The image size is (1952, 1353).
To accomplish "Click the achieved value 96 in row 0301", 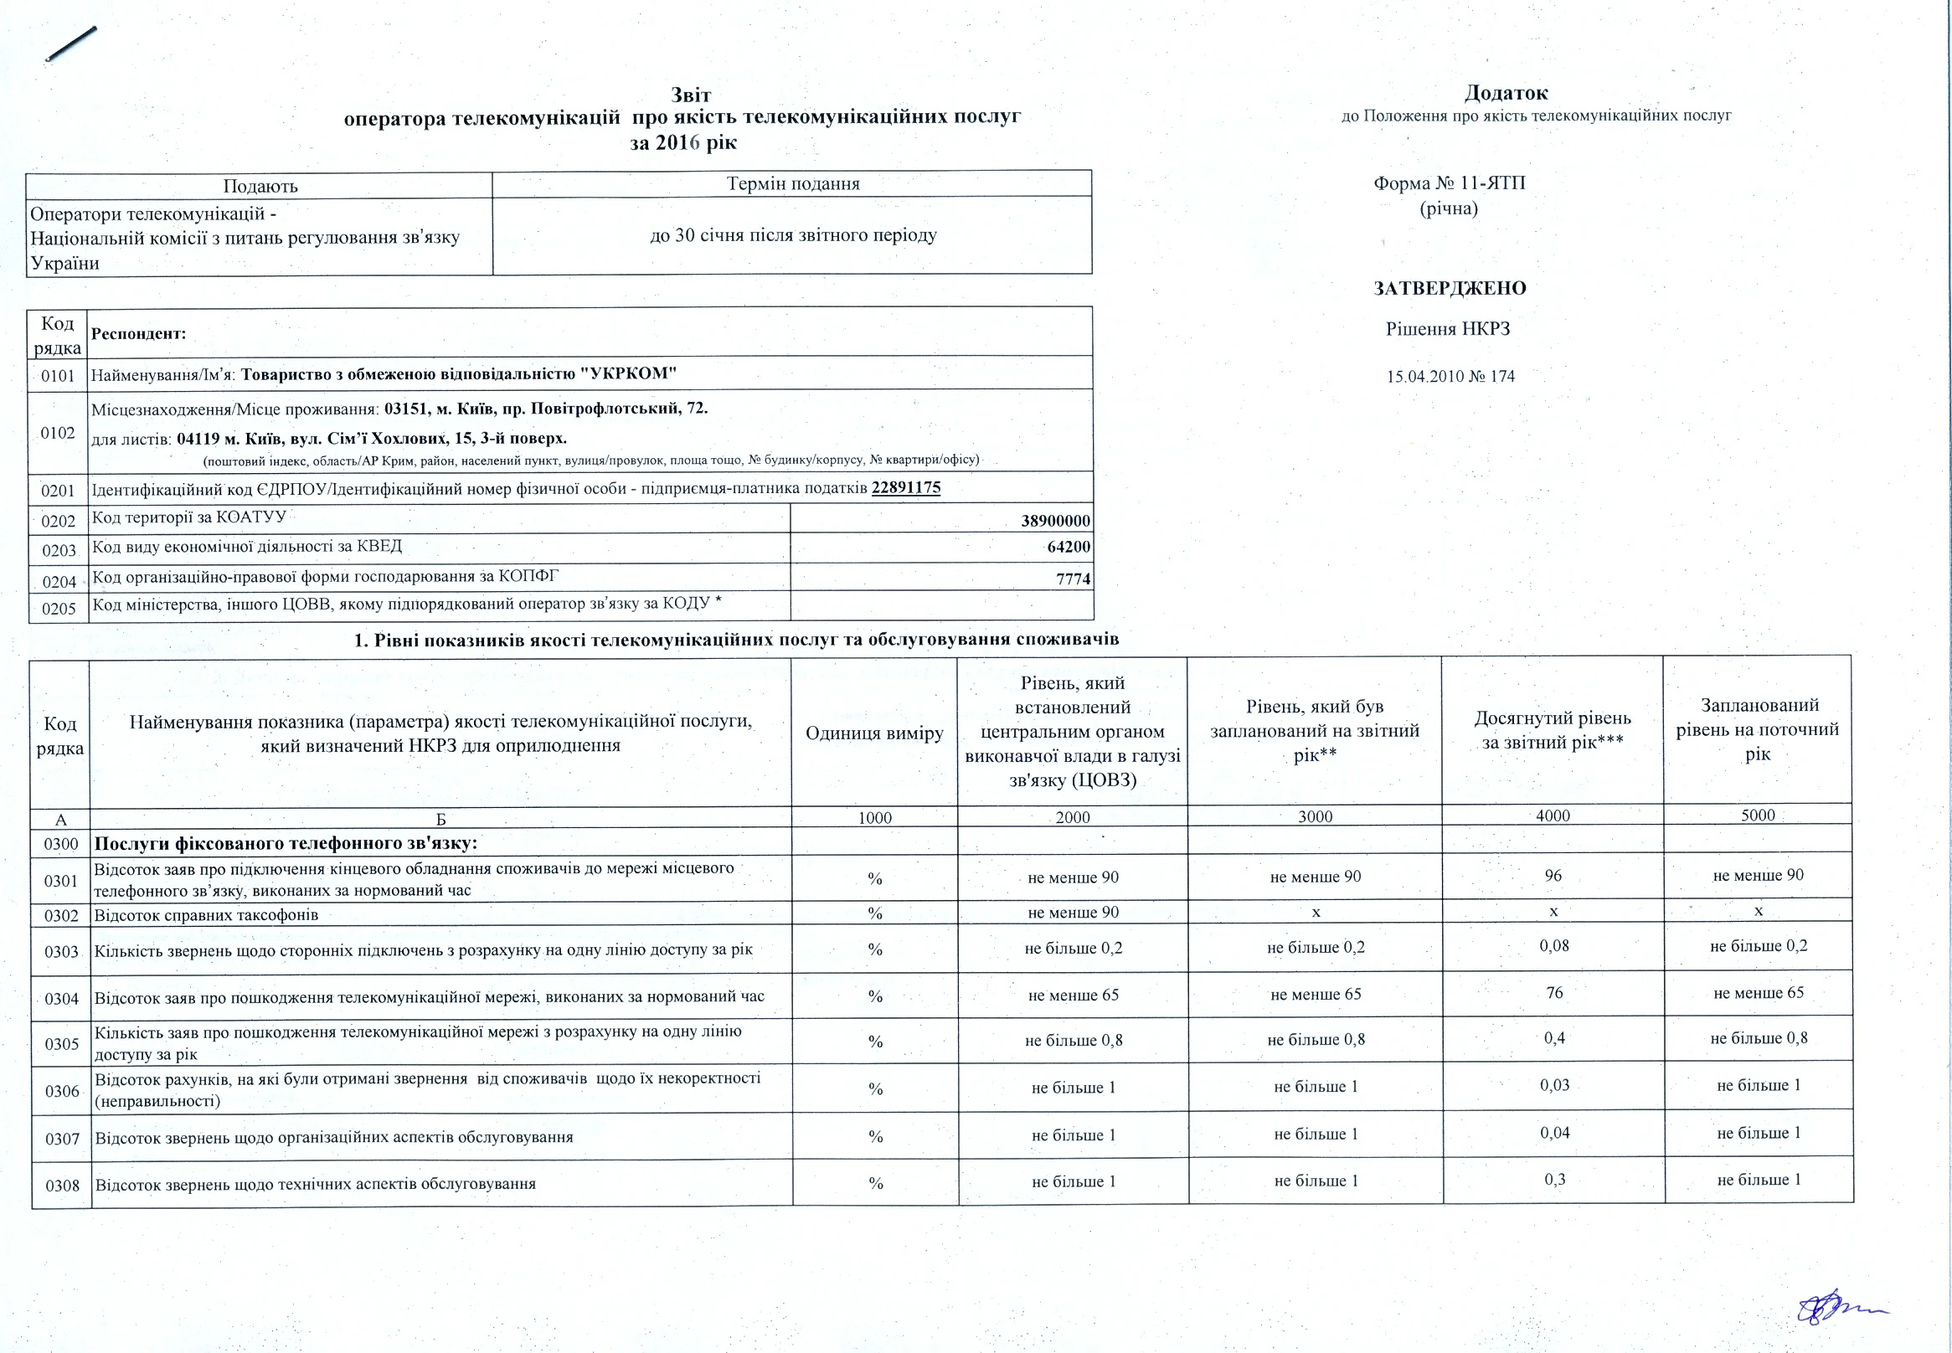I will click(1553, 876).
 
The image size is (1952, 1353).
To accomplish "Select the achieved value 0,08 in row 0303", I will click(1553, 946).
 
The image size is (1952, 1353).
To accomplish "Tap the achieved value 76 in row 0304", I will click(1553, 993).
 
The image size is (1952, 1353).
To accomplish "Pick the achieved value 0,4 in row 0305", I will click(1553, 1038).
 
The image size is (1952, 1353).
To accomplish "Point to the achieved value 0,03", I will click(1554, 1086).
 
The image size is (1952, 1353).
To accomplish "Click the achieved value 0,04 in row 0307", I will click(1554, 1134).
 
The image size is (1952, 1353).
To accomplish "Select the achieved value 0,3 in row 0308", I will click(1554, 1180).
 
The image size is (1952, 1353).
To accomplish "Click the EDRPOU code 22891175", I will click(905, 488).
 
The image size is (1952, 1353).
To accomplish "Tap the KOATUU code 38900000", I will click(1055, 522).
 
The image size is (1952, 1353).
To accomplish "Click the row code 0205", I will click(59, 609).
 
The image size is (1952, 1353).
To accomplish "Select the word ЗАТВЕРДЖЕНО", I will click(1450, 288).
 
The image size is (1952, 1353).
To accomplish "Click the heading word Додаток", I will click(1505, 92).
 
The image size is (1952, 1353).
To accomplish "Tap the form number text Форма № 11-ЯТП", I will click(1450, 183).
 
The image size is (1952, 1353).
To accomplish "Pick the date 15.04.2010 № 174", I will click(1450, 377).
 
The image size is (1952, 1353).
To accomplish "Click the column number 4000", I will click(1553, 815).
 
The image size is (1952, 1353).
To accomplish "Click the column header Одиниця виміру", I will click(874, 733).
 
